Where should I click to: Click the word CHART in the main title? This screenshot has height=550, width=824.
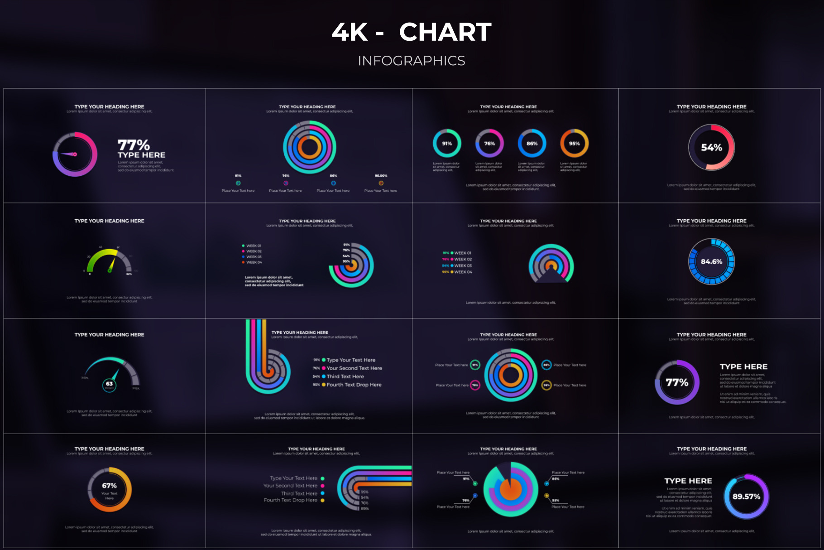coord(445,32)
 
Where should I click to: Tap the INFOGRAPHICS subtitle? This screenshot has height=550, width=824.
coord(412,61)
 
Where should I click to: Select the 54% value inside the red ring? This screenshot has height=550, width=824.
coord(711,148)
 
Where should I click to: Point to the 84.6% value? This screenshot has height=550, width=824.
coord(711,262)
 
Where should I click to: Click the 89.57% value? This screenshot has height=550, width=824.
coord(746,497)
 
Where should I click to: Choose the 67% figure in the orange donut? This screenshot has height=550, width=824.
coord(109,486)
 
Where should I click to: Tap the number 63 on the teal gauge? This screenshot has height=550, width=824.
coord(110,384)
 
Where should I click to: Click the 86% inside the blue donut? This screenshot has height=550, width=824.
coord(532,144)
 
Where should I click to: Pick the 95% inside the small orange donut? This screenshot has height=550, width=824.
coord(574,144)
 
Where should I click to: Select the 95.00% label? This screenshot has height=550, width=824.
coord(381,176)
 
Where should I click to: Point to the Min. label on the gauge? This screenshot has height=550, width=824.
coord(85,378)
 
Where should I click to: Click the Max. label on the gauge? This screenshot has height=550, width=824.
coord(136,388)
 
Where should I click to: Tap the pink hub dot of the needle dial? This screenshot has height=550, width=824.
coord(75,154)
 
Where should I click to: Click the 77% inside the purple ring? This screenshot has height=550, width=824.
coord(677,383)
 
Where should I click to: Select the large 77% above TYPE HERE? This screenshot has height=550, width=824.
coord(134,145)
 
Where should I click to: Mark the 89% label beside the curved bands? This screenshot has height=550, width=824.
coord(364,509)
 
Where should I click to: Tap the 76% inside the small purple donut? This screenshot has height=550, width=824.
coord(489,144)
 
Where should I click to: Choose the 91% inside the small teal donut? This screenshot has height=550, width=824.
coord(447,144)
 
